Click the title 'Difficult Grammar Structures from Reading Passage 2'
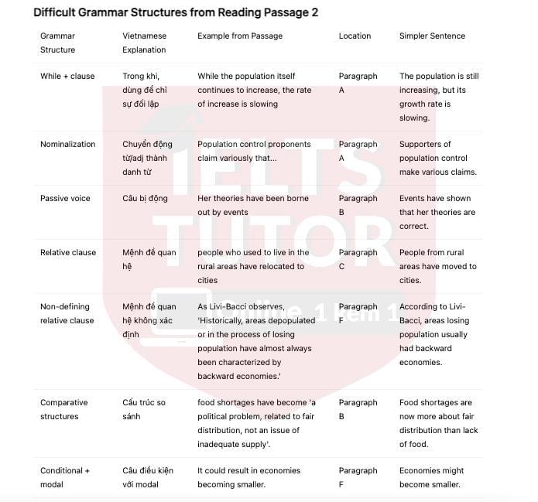(175, 12)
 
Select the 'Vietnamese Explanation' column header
(145, 43)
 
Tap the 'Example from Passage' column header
(239, 36)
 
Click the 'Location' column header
(355, 36)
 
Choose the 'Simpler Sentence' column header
(432, 36)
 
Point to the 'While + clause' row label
(67, 76)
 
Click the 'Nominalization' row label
(68, 144)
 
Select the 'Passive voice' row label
(66, 198)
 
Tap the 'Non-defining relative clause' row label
(67, 313)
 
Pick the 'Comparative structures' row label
(64, 409)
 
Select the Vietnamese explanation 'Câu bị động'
(145, 198)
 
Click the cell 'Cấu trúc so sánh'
(144, 409)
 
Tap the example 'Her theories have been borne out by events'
(252, 205)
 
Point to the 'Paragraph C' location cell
(358, 259)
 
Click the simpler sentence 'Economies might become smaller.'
(430, 477)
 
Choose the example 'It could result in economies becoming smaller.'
(252, 477)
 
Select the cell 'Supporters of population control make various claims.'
(438, 158)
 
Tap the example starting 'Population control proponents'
(254, 151)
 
